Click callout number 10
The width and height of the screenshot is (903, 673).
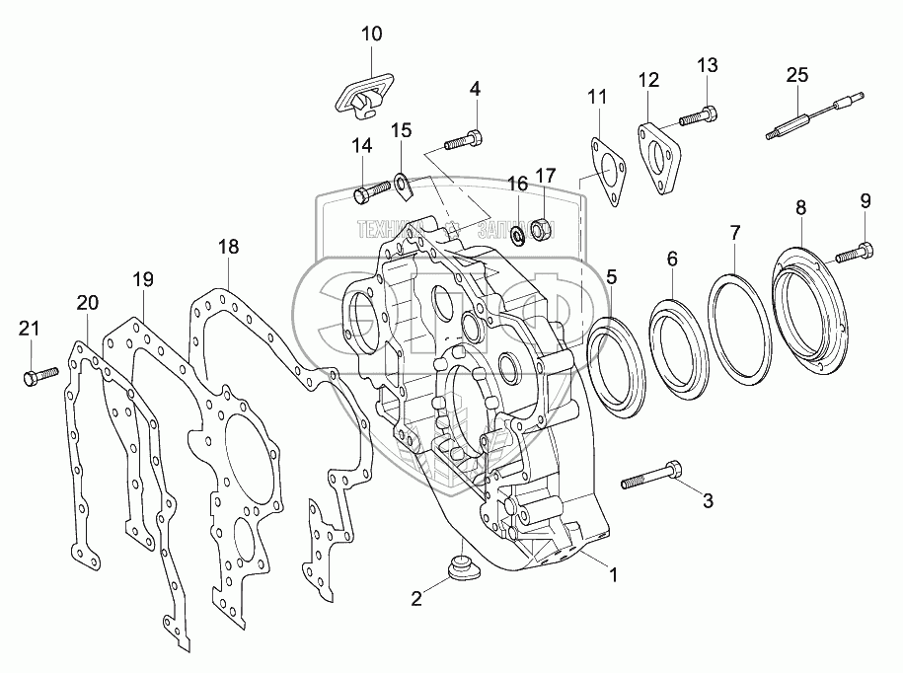371,34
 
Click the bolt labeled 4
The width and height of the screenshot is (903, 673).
462,140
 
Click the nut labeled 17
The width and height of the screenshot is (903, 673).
541,229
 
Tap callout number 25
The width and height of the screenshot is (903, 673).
797,74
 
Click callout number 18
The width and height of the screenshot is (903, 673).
229,247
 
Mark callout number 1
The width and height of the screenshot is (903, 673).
613,573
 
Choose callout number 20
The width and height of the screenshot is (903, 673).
87,302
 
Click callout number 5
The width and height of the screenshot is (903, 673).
612,277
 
